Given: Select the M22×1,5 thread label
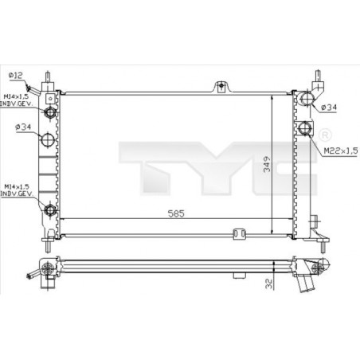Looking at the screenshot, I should (x=341, y=151).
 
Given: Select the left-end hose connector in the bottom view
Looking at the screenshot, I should (x=33, y=276).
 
